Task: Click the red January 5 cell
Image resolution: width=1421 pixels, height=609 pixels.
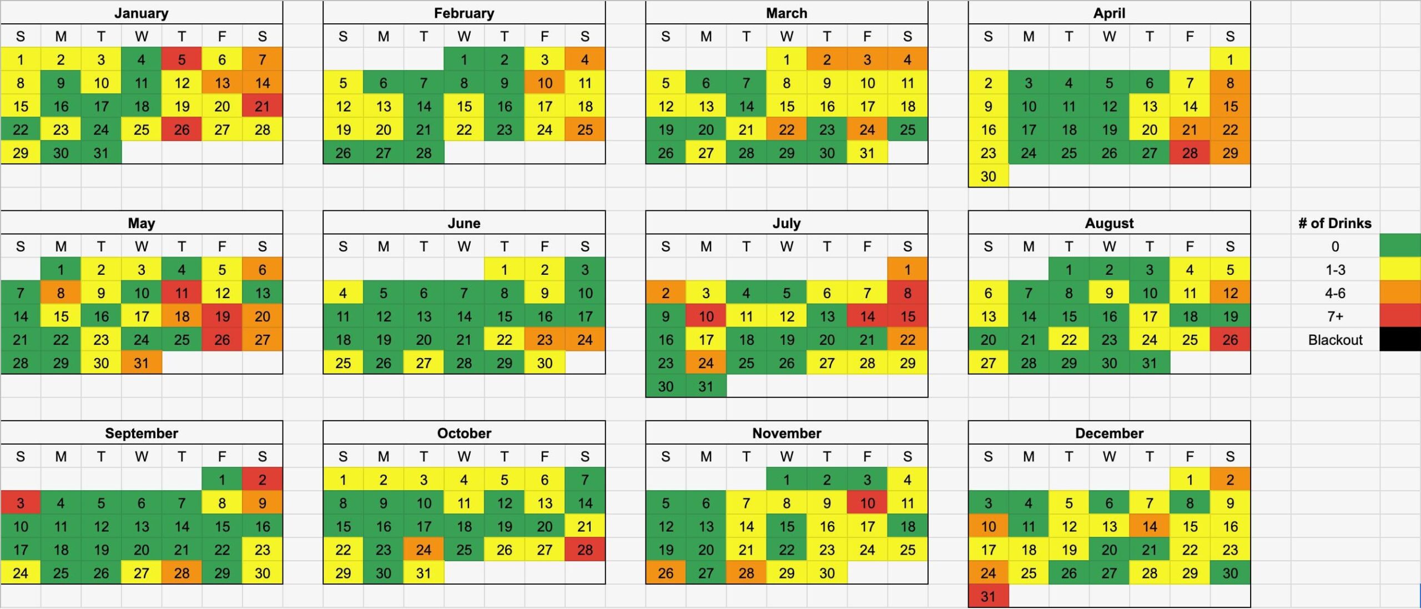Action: [182, 59]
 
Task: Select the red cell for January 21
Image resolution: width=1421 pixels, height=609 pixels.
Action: [262, 106]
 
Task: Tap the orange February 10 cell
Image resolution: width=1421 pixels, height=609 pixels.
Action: [545, 83]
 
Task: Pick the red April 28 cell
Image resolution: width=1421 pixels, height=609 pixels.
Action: [1190, 153]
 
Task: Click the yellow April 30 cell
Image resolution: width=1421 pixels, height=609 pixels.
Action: [988, 176]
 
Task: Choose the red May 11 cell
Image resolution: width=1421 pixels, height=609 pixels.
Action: [182, 293]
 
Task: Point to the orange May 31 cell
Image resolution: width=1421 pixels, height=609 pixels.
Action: [141, 363]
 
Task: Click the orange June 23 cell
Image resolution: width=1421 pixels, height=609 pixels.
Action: [545, 339]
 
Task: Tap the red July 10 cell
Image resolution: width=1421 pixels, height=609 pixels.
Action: [706, 316]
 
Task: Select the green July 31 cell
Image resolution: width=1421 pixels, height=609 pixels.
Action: [706, 386]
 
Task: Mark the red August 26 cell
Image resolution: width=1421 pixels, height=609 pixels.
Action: [1230, 339]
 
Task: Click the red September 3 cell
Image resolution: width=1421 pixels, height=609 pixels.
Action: [21, 502]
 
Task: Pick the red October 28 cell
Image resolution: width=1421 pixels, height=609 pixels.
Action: [584, 549]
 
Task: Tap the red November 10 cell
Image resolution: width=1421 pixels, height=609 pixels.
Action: [867, 502]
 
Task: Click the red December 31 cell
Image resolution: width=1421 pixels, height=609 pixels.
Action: [988, 596]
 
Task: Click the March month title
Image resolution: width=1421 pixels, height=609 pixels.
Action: [786, 13]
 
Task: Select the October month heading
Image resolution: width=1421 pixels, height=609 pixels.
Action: [464, 432]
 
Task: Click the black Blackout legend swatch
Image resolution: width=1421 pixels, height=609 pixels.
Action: [1400, 339]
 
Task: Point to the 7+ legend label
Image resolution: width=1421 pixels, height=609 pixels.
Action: [1335, 316]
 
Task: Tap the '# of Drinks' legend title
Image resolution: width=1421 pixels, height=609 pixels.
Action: [1334, 223]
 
